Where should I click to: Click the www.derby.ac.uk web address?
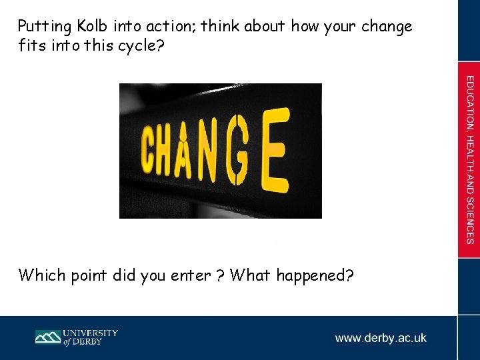381,338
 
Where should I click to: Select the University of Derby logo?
76,337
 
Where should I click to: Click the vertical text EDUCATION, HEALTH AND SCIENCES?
470,160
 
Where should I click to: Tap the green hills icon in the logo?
48,337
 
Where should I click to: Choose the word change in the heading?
387,27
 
